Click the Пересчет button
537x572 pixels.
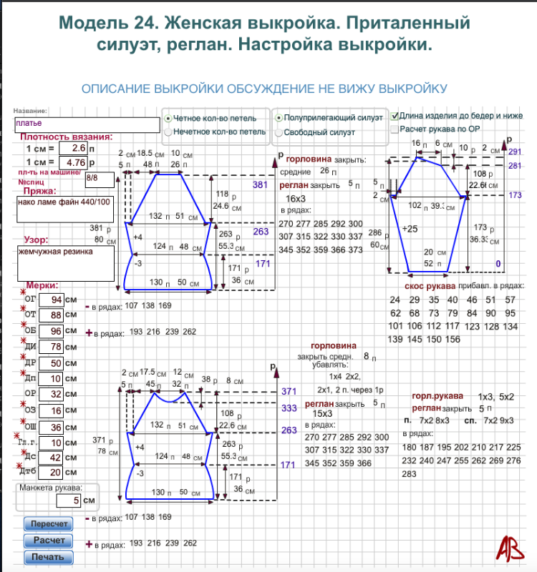coord(49,524)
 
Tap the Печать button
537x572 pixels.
coord(49,557)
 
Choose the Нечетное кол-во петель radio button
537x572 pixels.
coord(168,132)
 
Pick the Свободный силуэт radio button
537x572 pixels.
coord(279,132)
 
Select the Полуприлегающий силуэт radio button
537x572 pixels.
coord(279,117)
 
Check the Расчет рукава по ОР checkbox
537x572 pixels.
coord(395,129)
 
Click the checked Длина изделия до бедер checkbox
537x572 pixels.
coord(395,115)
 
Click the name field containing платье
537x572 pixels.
coord(86,124)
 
